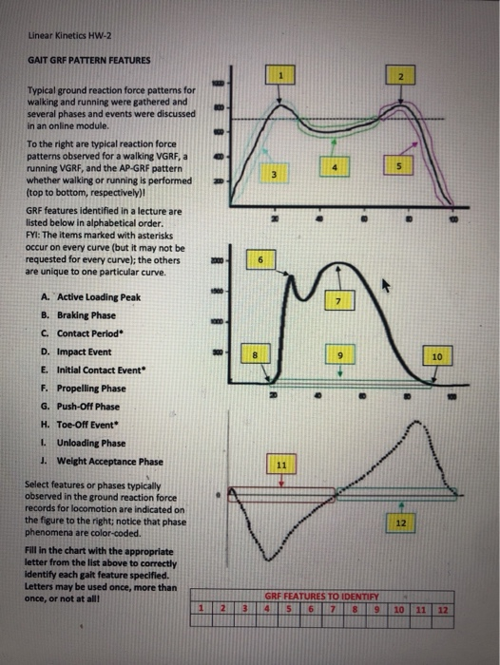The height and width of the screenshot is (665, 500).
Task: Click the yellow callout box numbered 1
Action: point(279,74)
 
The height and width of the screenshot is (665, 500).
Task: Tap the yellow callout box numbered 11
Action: point(280,465)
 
